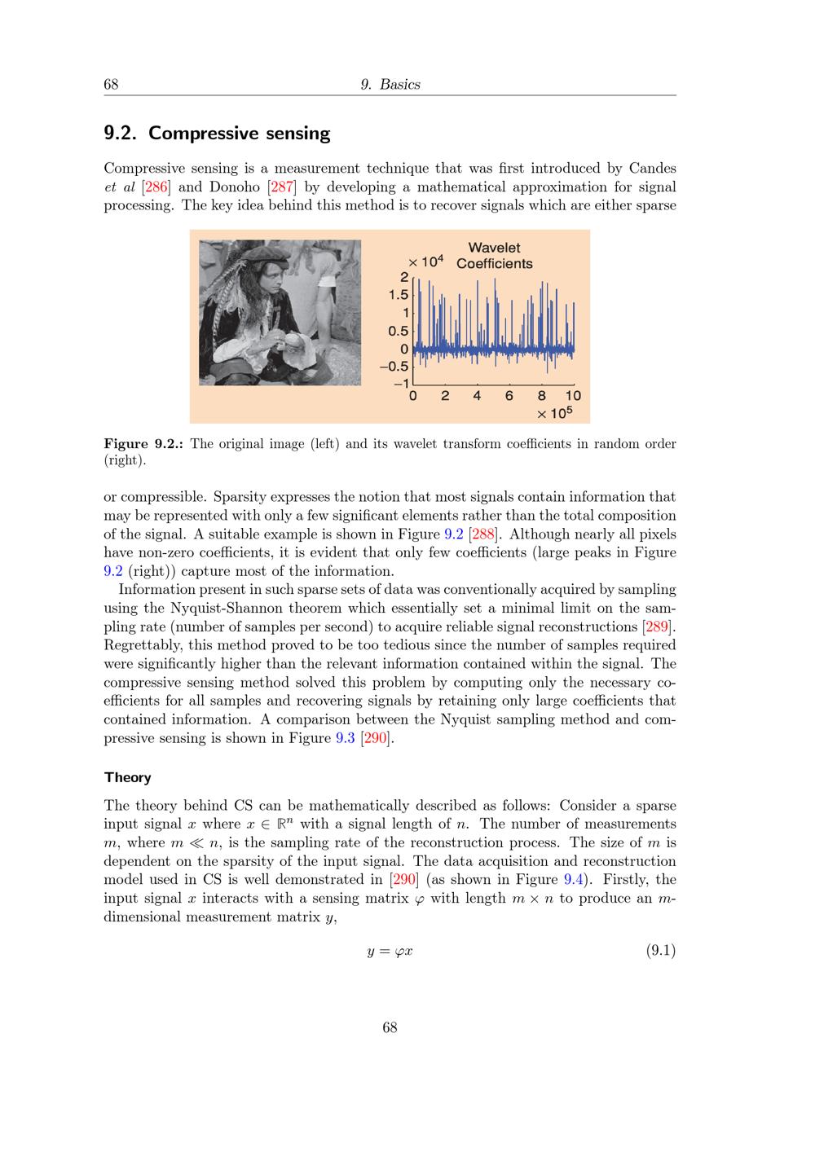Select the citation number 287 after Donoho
[282, 187]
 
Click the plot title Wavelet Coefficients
[494, 256]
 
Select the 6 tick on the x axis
[509, 397]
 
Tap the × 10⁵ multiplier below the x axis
[555, 413]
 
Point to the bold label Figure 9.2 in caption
[143, 444]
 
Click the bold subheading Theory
[128, 777]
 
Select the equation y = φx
[390, 951]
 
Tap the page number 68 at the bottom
[390, 1027]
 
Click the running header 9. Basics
[390, 85]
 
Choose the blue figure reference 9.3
[346, 738]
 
